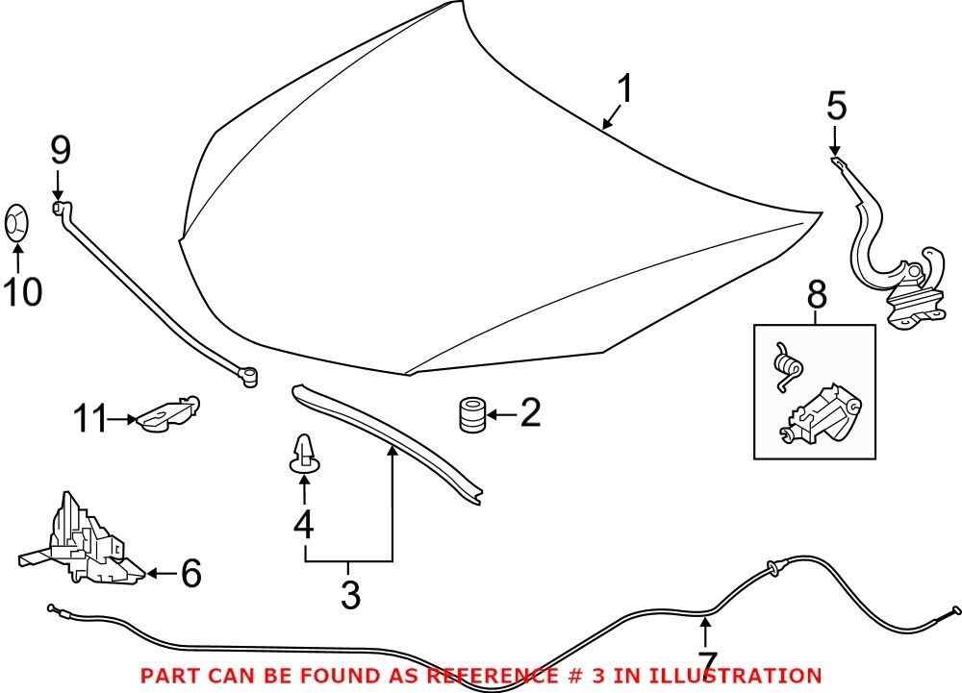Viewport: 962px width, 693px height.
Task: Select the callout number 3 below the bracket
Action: pos(350,595)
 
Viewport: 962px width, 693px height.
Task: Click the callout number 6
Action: pos(190,574)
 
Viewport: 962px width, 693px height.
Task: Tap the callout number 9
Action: pos(60,150)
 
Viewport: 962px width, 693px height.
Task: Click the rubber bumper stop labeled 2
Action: pos(470,415)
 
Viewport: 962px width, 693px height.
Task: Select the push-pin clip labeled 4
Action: pos(305,456)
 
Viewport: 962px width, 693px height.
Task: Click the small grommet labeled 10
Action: pos(17,222)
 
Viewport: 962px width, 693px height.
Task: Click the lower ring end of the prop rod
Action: pos(251,376)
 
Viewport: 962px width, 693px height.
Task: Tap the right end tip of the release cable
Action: pos(955,608)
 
